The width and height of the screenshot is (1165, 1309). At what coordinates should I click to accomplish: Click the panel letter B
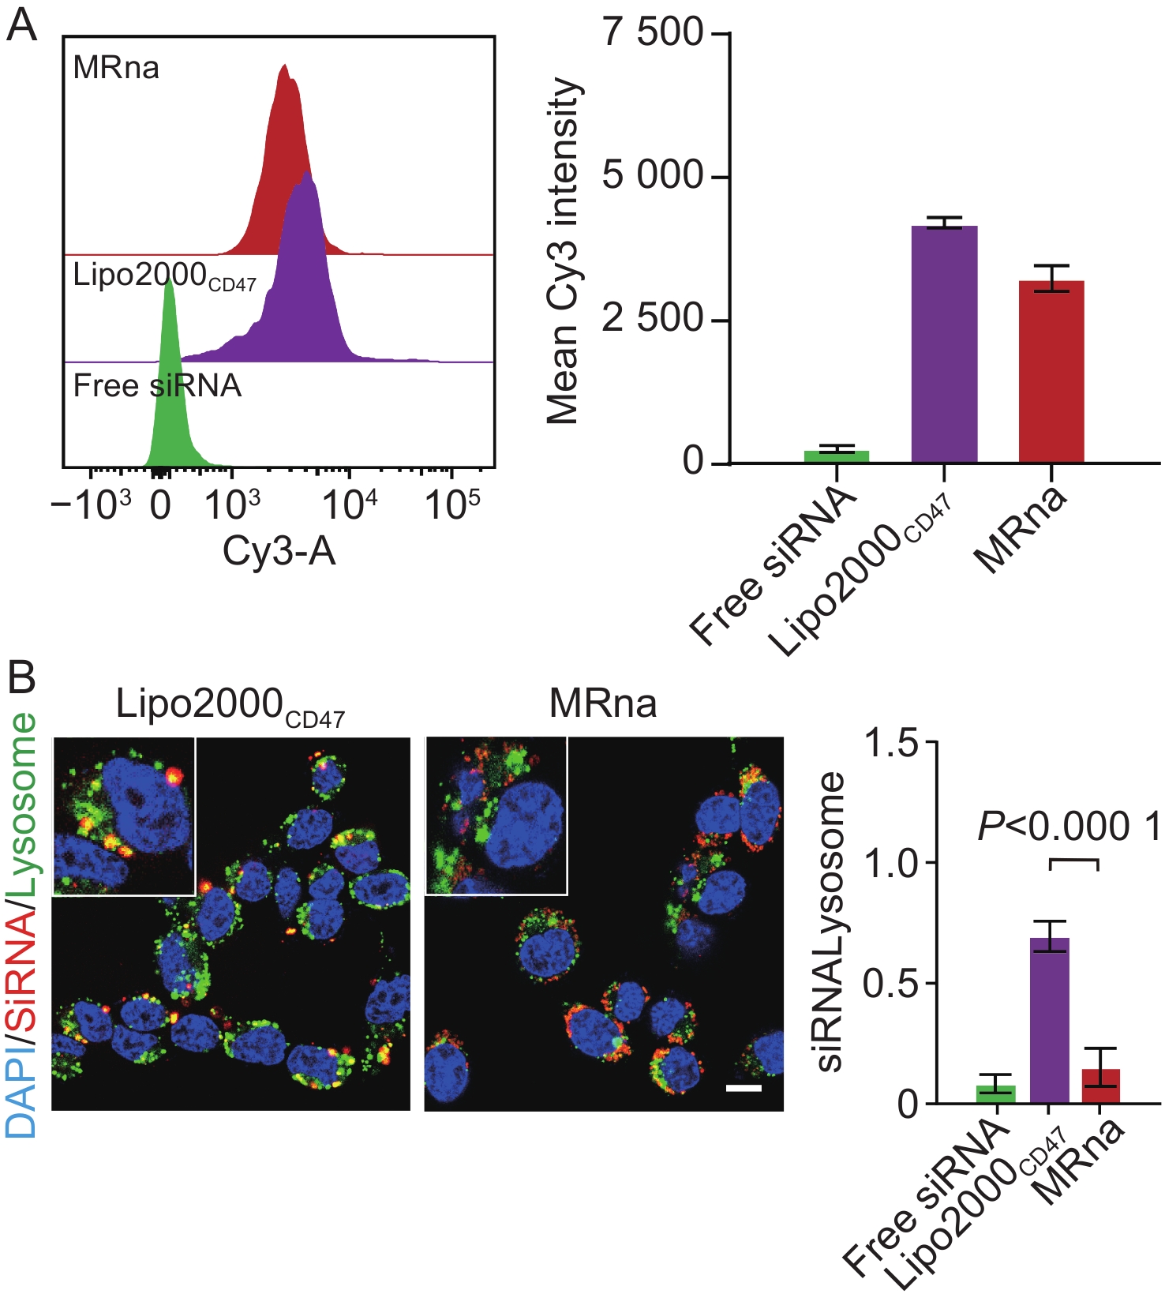pos(21,677)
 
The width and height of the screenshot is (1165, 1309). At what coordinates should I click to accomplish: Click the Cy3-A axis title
pos(279,551)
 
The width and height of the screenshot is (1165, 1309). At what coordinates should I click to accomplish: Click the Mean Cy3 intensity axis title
pos(564,251)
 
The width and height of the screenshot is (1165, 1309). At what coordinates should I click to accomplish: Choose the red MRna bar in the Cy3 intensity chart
pos(1051,371)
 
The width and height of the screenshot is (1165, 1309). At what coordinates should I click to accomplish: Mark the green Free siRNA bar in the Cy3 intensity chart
pos(837,456)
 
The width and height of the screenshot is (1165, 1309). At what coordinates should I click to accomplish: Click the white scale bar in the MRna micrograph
pos(744,1088)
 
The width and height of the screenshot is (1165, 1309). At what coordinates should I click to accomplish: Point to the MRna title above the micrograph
pos(603,703)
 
